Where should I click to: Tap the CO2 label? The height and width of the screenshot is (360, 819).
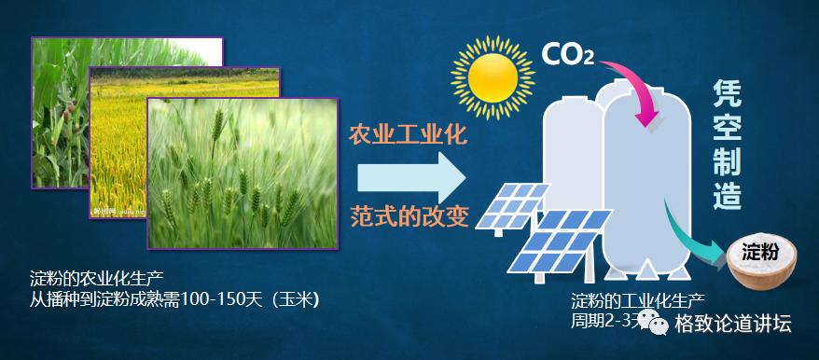(567, 54)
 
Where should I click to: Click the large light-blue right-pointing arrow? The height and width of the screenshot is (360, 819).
(410, 175)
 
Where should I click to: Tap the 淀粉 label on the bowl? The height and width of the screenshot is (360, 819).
(758, 253)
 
